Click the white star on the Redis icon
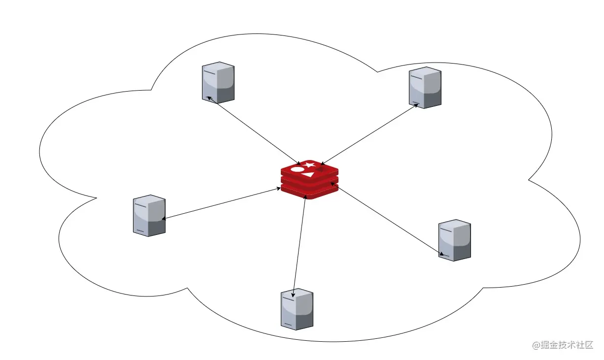(310, 164)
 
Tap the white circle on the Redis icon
(298, 169)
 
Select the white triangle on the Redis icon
(308, 174)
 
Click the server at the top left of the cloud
(218, 82)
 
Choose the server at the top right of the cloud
(425, 87)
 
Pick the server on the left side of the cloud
(149, 215)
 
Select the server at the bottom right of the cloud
(454, 240)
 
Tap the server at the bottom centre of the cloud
(297, 309)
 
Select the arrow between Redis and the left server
(222, 203)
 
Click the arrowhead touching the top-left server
(209, 98)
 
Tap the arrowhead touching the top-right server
(416, 105)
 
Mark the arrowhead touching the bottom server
(294, 294)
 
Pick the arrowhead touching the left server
(164, 219)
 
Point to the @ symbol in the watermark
(537, 345)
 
